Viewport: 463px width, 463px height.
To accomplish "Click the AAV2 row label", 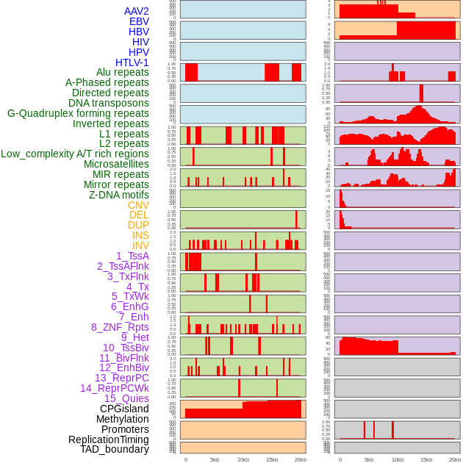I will click(137, 12).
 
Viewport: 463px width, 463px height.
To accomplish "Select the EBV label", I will click(139, 22).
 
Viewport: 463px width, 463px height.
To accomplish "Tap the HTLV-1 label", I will click(132, 62).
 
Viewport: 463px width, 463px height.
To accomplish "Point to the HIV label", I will click(140, 42).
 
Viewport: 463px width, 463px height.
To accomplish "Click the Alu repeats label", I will click(123, 73).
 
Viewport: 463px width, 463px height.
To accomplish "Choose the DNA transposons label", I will click(109, 103).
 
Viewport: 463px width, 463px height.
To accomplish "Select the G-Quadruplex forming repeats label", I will click(78, 113).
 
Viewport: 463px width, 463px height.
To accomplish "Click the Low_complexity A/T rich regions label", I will click(75, 154).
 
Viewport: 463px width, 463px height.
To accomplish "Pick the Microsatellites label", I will click(116, 164).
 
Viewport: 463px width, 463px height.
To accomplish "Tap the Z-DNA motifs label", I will click(119, 195).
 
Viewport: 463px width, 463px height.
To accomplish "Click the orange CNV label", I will click(138, 205).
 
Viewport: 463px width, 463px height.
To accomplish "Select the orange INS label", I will click(140, 235).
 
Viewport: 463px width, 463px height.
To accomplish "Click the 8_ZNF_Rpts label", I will click(120, 327).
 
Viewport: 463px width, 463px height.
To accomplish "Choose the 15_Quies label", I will click(126, 398).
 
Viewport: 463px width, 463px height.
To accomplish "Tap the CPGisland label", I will click(124, 409).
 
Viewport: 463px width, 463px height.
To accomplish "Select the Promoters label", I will click(125, 429).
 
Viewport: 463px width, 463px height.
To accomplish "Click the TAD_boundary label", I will click(115, 449).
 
